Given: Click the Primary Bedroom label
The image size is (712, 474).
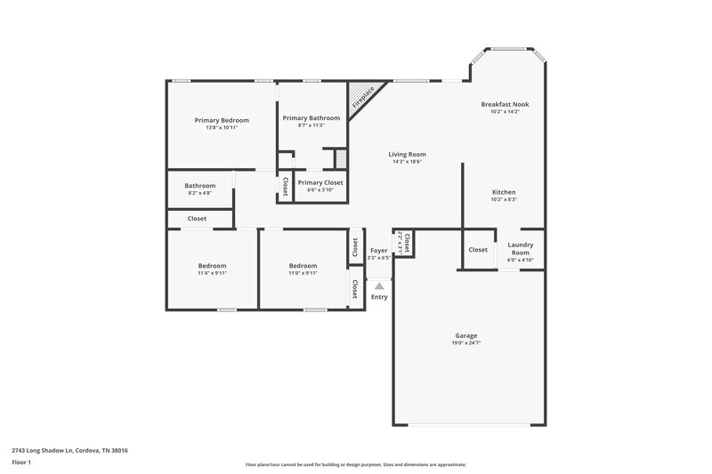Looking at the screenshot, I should tap(222, 120).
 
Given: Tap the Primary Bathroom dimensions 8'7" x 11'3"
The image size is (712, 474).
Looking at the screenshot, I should tap(311, 125).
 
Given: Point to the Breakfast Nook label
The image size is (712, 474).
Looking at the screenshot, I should tap(505, 104).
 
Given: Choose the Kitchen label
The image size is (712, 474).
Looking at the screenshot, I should tap(504, 192).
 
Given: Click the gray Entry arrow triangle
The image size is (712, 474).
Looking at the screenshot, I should tap(379, 286).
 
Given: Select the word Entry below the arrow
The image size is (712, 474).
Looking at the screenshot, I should tap(379, 297).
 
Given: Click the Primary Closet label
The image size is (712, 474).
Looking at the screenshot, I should tap(320, 183).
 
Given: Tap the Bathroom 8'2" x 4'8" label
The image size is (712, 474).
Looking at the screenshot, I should tap(200, 186).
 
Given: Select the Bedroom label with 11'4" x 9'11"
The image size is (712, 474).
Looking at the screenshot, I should tap(212, 266).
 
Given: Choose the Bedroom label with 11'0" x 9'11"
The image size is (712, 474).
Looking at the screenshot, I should tap(303, 266).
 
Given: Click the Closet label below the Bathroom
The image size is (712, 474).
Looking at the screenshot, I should tap(197, 219).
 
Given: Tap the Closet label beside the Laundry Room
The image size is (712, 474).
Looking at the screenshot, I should tap(478, 250).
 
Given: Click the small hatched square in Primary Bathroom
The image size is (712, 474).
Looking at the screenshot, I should tap(340, 158).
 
